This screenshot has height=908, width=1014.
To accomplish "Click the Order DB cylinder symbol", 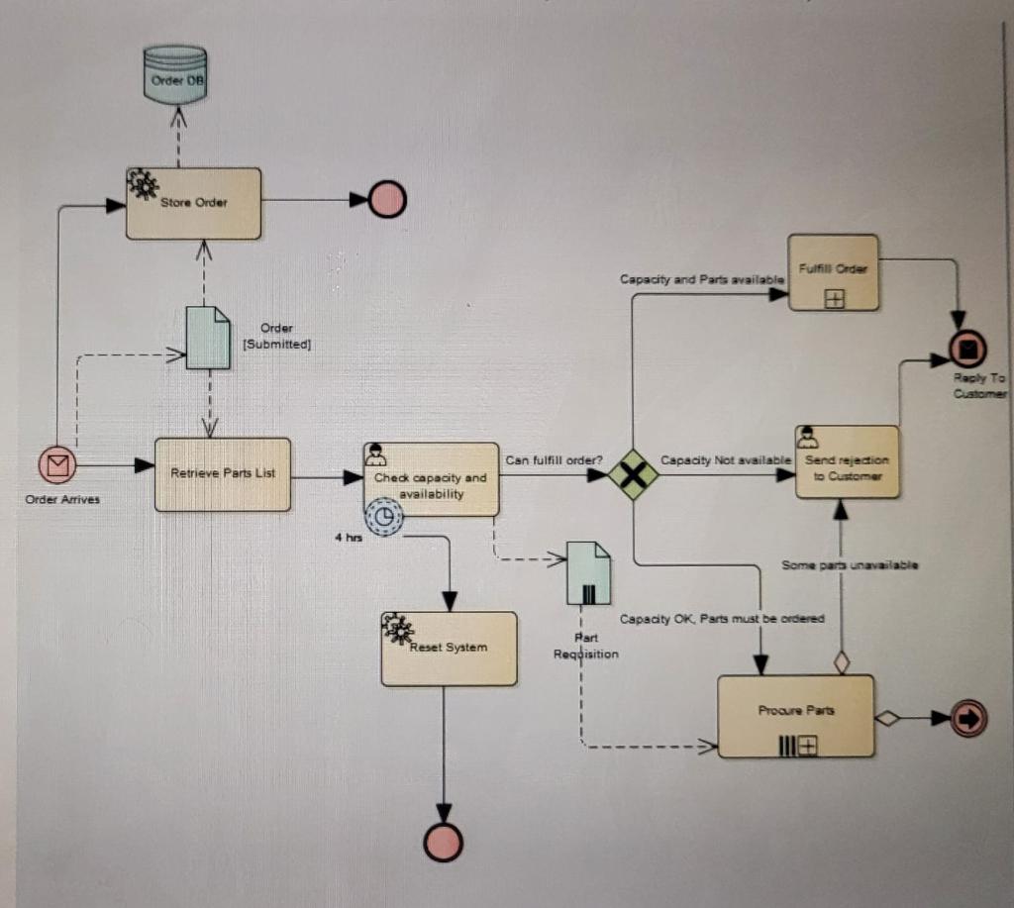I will click(x=174, y=74).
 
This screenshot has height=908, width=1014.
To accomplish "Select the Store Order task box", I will click(x=193, y=203).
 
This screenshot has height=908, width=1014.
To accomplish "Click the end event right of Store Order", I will click(x=387, y=200).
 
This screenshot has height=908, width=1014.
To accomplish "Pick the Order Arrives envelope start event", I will click(x=57, y=464).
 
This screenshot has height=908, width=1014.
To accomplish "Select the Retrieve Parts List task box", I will click(x=223, y=474).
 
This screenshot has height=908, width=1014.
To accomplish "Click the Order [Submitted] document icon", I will click(x=208, y=338).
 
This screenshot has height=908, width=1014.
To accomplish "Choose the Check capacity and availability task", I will click(x=431, y=479).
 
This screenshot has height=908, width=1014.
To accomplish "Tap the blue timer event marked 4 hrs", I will click(x=384, y=516).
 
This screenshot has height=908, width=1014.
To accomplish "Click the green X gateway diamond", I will click(x=633, y=474).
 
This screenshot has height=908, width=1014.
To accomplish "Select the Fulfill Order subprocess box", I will click(x=833, y=272).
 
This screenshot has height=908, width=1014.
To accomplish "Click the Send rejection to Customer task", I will click(x=847, y=462).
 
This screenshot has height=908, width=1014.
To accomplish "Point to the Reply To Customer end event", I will click(x=967, y=349).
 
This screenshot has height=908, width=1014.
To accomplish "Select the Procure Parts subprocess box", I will click(x=795, y=716).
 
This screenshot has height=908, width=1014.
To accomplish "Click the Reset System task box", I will click(x=449, y=649).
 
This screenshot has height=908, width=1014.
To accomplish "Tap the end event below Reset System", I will click(x=443, y=842).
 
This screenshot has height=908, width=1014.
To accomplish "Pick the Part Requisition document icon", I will click(x=587, y=573).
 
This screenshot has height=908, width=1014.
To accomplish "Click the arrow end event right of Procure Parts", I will click(x=967, y=719).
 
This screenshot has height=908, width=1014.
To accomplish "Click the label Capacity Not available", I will click(x=725, y=460).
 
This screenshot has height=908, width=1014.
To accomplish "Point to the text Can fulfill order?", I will click(x=554, y=459).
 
